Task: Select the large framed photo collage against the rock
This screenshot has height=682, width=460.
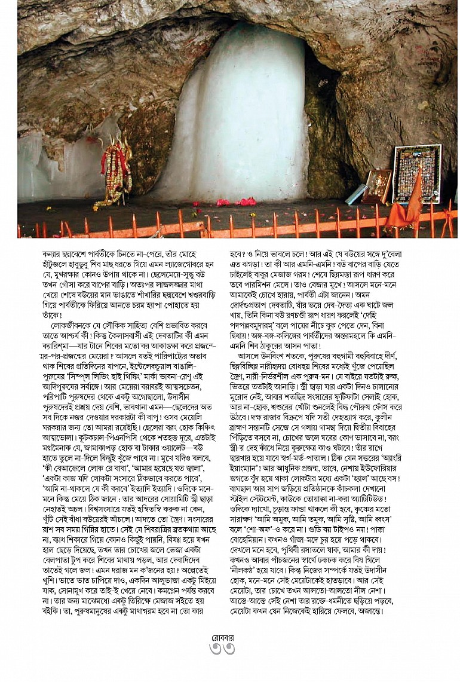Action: click(x=416, y=173)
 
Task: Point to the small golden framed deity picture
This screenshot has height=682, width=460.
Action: click(x=378, y=186)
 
